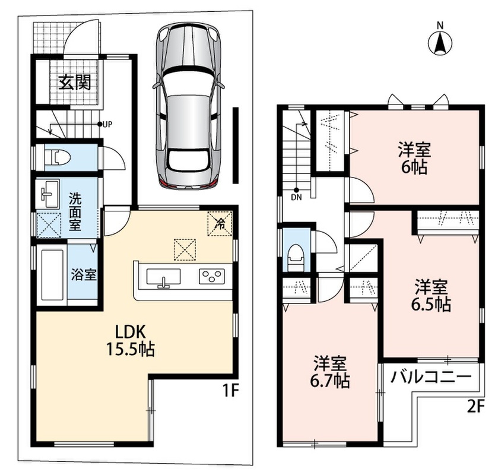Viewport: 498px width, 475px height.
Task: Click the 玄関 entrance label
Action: tap(75, 82)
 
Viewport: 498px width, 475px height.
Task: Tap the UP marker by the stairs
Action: tap(105, 124)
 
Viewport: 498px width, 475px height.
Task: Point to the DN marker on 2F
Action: tap(296, 194)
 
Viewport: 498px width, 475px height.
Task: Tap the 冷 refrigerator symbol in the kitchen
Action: tap(220, 224)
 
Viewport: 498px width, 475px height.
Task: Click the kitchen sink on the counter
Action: tap(163, 277)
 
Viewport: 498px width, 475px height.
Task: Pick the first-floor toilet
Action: tap(57, 157)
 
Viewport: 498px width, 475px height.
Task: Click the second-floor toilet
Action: tap(296, 256)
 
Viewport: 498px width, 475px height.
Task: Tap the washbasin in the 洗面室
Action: tap(48, 194)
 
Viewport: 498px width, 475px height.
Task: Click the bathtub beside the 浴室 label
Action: tap(52, 275)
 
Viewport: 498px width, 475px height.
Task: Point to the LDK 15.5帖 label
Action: tap(130, 341)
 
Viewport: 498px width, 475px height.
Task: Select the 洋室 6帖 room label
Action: tap(414, 159)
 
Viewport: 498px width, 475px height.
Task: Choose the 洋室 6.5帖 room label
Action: tap(431, 296)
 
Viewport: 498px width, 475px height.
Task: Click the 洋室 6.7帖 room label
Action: tap(329, 372)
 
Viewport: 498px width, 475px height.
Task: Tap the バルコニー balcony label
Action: tap(430, 378)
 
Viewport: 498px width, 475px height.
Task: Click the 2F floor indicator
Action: tap(475, 407)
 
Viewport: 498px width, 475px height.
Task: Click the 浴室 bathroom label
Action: tap(84, 275)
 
